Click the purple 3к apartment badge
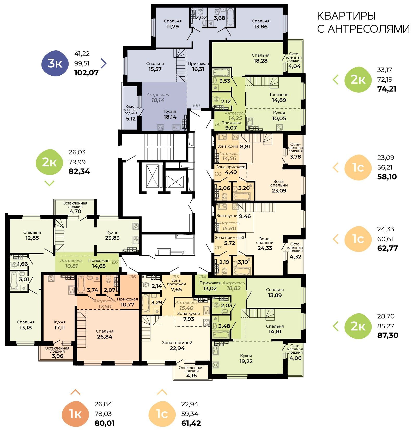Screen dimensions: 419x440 (x=55, y=63)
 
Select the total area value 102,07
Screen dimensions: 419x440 (x=86, y=73)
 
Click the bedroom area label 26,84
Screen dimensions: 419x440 (x=105, y=337)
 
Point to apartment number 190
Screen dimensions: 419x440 (x=196, y=106)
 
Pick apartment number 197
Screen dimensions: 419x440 (x=115, y=262)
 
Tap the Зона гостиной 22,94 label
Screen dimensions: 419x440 (x=177, y=345)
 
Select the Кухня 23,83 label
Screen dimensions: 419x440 (x=112, y=235)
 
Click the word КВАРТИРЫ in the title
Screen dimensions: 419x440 (x=346, y=16)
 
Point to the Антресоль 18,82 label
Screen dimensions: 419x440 (x=234, y=286)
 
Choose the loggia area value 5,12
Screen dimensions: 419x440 (x=131, y=119)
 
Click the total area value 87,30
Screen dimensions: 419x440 (x=388, y=335)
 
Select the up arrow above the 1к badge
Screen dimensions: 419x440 (x=75, y=392)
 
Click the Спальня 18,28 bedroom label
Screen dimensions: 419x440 (x=260, y=58)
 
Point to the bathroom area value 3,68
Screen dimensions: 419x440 (x=219, y=18)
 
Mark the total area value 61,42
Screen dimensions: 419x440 (x=191, y=423)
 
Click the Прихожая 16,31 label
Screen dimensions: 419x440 (x=198, y=67)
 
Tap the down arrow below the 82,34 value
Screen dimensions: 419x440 (x=49, y=183)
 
